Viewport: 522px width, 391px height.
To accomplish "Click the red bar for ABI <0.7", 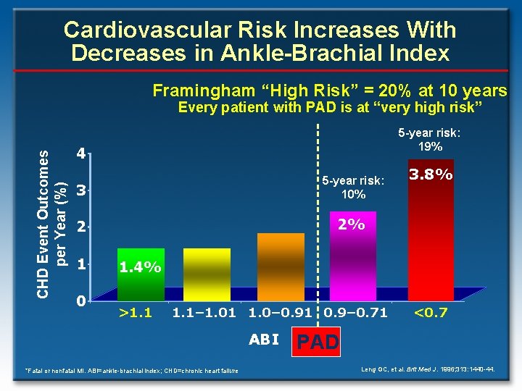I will pos(431,239).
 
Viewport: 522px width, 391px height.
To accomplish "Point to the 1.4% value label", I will pos(140,267).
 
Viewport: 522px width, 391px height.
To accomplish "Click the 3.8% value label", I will pos(431,175).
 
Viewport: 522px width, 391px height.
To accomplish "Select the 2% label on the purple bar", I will pos(352,224).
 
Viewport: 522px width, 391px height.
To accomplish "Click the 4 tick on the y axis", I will pos(83,154).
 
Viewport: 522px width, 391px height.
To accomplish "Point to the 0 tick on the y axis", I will pos(83,300).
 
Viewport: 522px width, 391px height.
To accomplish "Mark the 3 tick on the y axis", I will pos(83,190).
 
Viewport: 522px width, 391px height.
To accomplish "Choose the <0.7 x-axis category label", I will pos(431,314).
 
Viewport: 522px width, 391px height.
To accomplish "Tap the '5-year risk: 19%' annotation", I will pos(429,140).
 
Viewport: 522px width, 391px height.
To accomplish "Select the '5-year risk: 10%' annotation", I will pos(353,187).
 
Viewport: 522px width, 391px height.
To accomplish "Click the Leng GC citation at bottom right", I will pos(428,370).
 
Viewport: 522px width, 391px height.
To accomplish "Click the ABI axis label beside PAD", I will pos(264,339).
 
